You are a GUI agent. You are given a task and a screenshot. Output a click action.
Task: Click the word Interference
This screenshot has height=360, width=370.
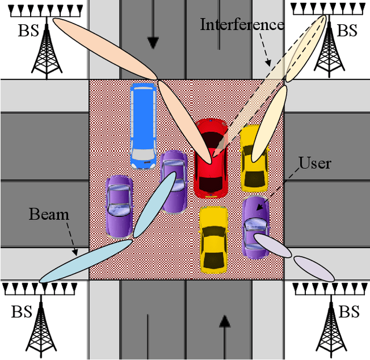point(242,25)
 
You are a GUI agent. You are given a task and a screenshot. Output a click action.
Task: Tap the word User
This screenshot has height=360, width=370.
point(315,164)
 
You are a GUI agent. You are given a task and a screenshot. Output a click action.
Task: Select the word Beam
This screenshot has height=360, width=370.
point(49,215)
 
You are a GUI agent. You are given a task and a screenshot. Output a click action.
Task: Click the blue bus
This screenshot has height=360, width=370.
point(143,123)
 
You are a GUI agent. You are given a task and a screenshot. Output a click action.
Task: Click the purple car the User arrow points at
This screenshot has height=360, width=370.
point(254,226)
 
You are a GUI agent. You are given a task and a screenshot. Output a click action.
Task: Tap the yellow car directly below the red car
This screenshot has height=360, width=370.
point(213,238)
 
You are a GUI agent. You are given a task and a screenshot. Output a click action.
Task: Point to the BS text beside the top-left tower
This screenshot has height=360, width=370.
point(28,31)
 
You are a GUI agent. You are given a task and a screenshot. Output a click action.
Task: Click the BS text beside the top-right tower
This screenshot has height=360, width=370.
point(347,31)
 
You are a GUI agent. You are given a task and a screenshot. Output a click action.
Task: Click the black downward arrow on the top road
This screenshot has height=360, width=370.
point(153,42)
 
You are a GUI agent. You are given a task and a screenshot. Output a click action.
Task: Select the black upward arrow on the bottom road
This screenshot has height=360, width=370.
point(225,321)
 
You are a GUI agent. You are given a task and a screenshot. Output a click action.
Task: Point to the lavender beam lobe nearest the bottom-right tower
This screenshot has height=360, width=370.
point(313,268)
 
